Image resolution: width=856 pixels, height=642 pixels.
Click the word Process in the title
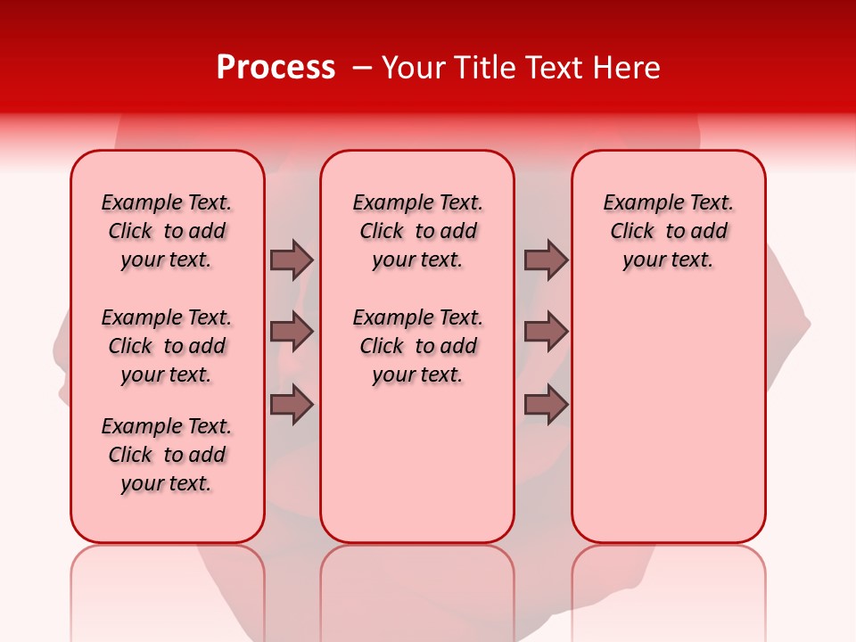(276, 68)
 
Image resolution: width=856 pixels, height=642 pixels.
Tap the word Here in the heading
(628, 68)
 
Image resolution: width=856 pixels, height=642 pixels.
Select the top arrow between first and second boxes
(292, 259)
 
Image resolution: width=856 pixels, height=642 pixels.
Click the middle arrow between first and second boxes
(292, 332)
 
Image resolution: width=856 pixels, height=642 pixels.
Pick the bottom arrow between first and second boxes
(292, 405)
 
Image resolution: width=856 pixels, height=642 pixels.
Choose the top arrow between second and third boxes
(546, 259)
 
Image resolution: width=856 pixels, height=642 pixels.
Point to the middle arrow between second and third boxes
(546, 332)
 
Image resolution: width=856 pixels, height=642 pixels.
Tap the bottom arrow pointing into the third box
(546, 405)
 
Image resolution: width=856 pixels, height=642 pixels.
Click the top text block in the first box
(167, 231)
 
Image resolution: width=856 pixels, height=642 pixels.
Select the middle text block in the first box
(167, 346)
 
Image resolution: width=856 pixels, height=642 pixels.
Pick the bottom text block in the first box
(167, 455)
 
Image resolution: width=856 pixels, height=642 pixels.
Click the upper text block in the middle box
(417, 231)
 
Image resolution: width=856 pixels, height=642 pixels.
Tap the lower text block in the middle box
(417, 346)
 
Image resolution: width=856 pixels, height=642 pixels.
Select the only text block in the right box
(668, 231)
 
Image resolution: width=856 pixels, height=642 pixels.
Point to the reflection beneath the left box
(168, 580)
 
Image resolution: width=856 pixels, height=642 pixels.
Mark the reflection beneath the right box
(668, 580)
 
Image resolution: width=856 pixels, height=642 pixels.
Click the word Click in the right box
(632, 232)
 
